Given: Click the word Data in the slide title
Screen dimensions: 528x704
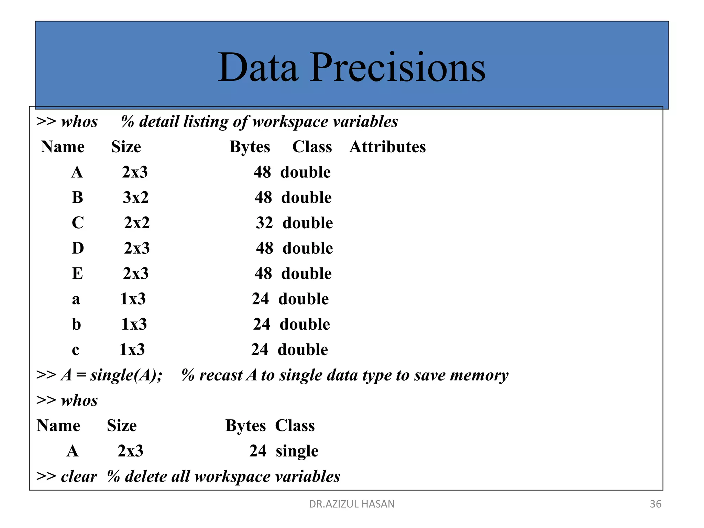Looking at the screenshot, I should point(258,67).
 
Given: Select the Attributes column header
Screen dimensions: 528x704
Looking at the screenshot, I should point(387,147).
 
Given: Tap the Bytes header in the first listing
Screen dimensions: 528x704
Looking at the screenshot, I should point(250,147).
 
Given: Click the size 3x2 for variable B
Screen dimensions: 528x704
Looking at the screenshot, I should point(135,198).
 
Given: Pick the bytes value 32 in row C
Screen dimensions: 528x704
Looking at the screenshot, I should point(264,223).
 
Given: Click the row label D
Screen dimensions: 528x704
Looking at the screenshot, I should point(78,248).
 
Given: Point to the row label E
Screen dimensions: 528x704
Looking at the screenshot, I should point(77,274).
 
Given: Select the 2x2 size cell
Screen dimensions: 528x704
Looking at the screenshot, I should point(137,223).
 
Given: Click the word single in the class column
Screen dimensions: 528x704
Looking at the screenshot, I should point(297,451).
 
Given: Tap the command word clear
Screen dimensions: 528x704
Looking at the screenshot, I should point(79,476).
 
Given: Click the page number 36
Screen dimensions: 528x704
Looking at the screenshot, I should point(655,504).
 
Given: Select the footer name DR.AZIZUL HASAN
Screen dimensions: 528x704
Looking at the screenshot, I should point(352,504).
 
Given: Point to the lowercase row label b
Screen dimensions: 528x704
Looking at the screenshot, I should point(76,324).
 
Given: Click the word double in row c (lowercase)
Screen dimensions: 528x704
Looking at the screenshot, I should point(303,350).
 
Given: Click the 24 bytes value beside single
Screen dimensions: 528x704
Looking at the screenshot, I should point(258,451).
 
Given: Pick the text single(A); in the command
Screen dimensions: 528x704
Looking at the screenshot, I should point(126,375).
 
